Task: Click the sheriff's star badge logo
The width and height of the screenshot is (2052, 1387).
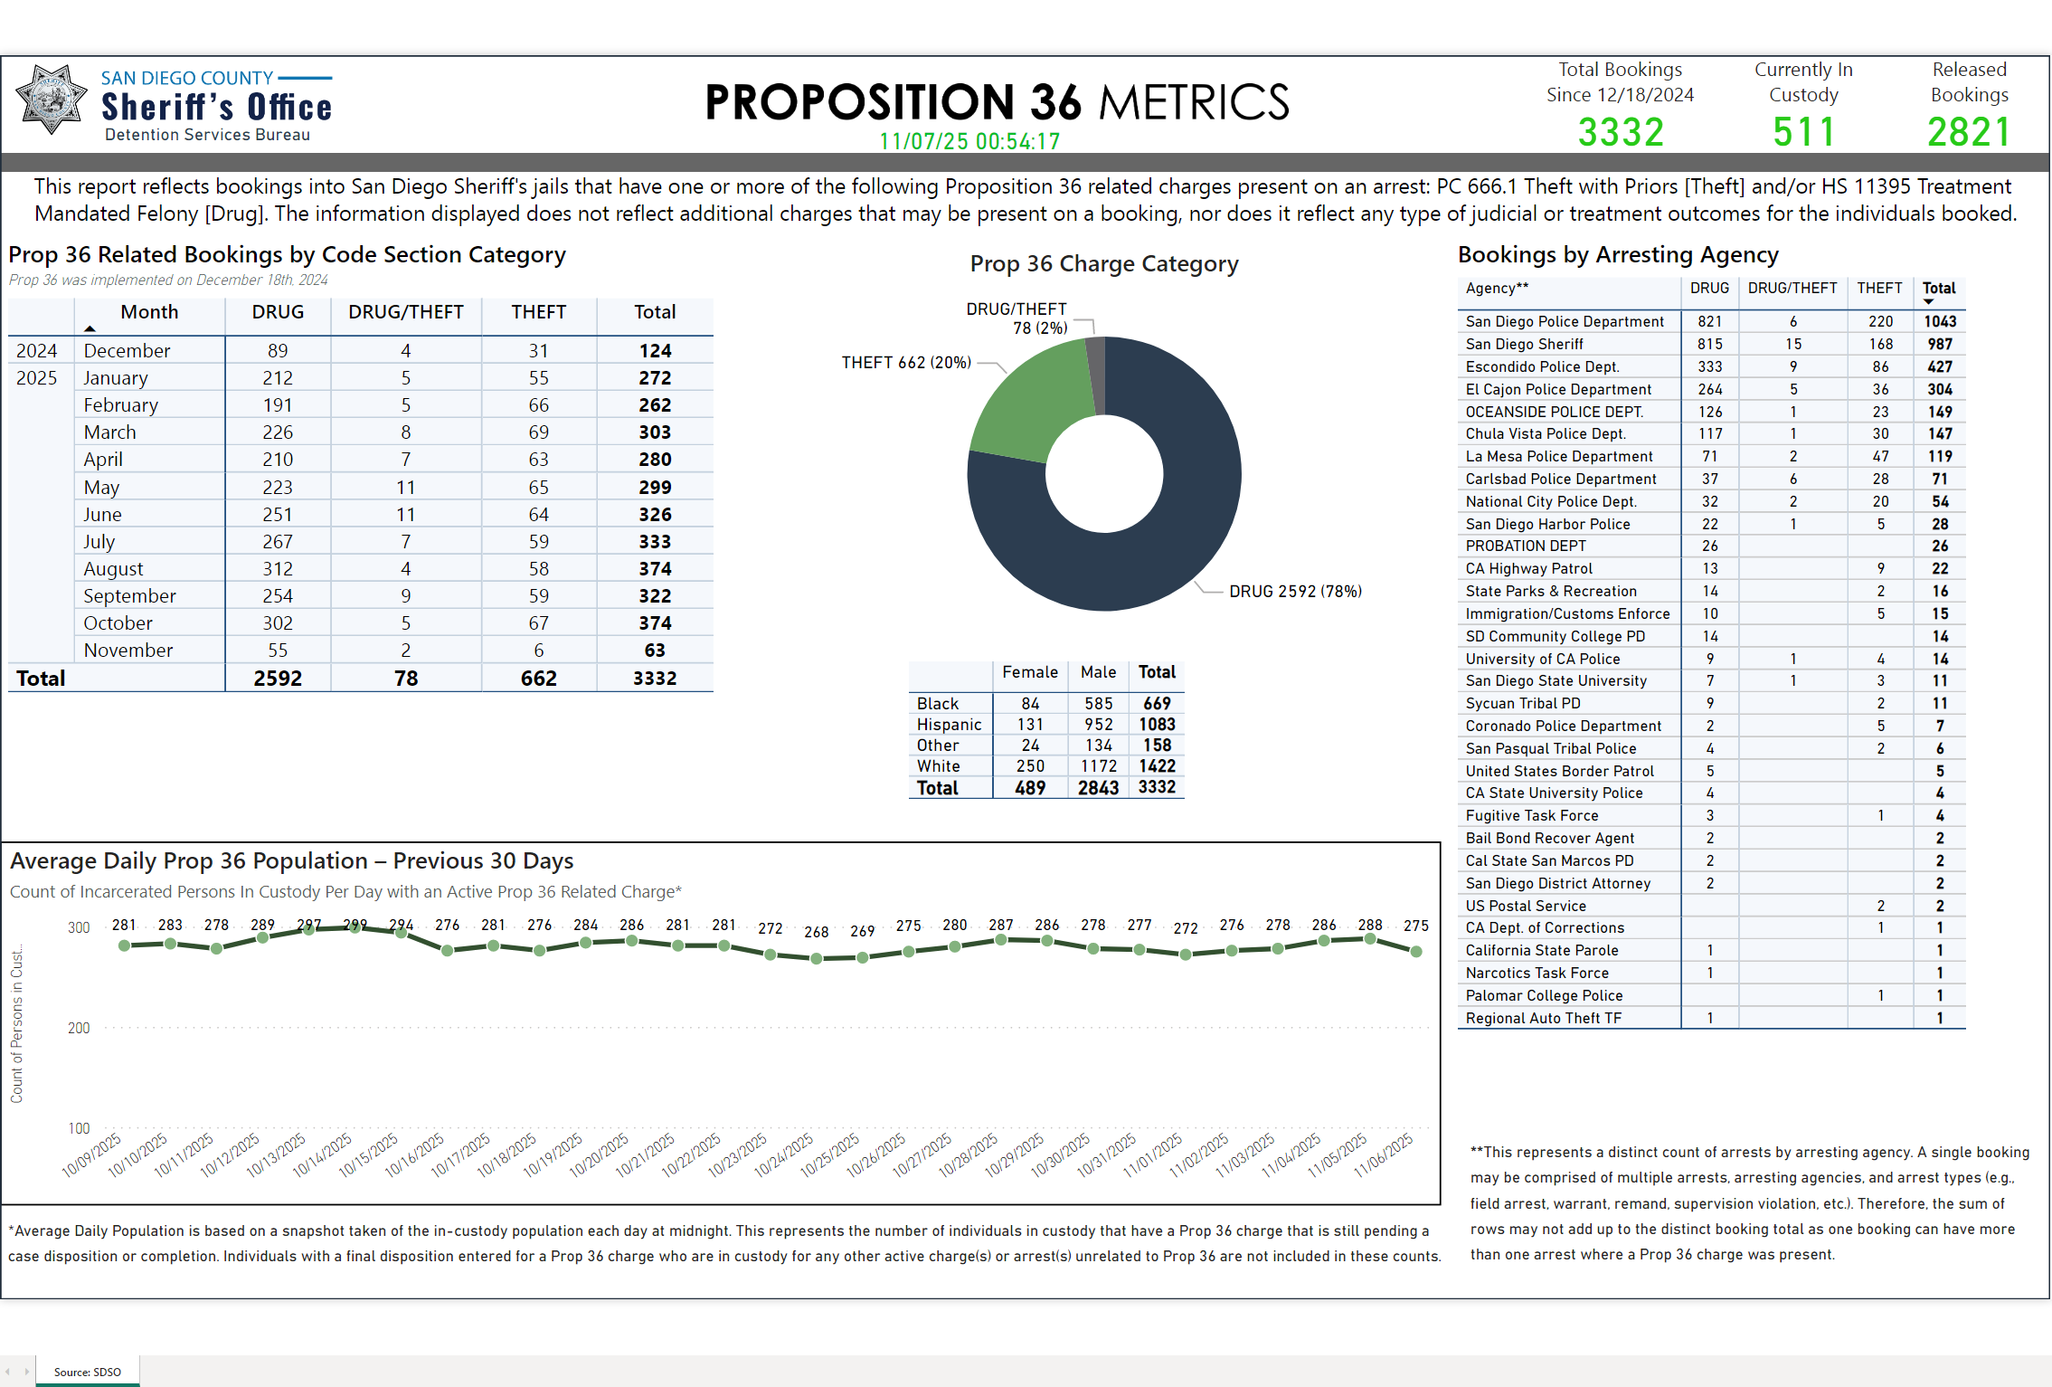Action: tap(52, 100)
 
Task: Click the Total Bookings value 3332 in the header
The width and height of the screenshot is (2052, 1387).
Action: tap(1620, 132)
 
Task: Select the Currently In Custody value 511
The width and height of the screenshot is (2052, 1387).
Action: tap(1803, 132)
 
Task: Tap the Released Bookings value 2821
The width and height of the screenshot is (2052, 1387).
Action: tap(1969, 132)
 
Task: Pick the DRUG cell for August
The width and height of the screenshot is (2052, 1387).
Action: tap(278, 569)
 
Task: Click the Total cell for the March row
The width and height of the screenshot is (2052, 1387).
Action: tap(655, 432)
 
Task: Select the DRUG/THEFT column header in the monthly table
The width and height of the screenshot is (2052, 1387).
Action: tap(406, 312)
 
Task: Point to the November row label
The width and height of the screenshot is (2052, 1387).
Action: tap(128, 651)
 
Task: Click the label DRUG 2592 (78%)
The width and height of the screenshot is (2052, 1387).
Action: tap(1295, 592)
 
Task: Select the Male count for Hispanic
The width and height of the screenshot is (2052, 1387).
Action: tap(1098, 725)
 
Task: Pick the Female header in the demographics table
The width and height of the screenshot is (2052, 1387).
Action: tap(1029, 672)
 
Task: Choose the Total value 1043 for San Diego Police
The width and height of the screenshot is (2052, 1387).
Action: tap(1940, 321)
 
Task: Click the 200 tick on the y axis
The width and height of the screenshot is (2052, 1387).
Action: tap(79, 1028)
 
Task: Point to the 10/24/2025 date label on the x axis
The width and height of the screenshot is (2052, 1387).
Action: tap(784, 1154)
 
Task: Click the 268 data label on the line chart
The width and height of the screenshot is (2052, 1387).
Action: tap(816, 932)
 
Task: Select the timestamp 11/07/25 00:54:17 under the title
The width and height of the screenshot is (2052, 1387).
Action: tap(969, 142)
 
